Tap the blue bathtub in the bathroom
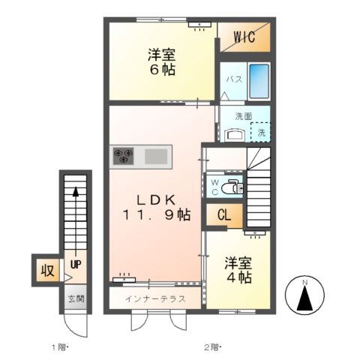[258, 83]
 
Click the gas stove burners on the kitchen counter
[123, 156]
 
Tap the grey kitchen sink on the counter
[157, 156]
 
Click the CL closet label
[223, 216]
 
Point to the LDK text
[157, 199]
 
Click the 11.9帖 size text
[157, 216]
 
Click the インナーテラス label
[155, 298]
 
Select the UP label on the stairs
[76, 265]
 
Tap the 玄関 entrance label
[76, 299]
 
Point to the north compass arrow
[305, 298]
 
